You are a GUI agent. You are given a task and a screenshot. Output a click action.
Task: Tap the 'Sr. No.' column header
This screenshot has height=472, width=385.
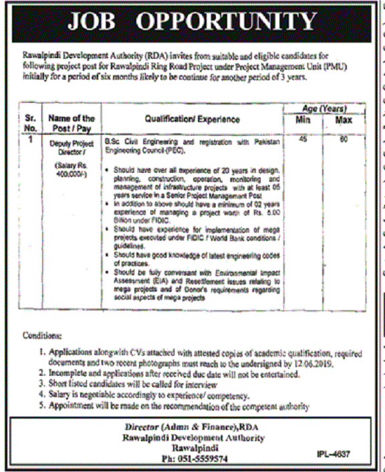(x=29, y=122)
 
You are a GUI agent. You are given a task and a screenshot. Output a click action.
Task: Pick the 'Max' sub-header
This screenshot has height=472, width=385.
(x=344, y=120)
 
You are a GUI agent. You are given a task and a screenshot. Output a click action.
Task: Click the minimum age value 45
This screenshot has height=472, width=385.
(x=303, y=140)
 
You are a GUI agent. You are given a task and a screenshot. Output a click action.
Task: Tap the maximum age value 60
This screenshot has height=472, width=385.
(x=344, y=140)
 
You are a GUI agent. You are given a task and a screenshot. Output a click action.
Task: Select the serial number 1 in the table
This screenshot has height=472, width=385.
(x=30, y=141)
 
